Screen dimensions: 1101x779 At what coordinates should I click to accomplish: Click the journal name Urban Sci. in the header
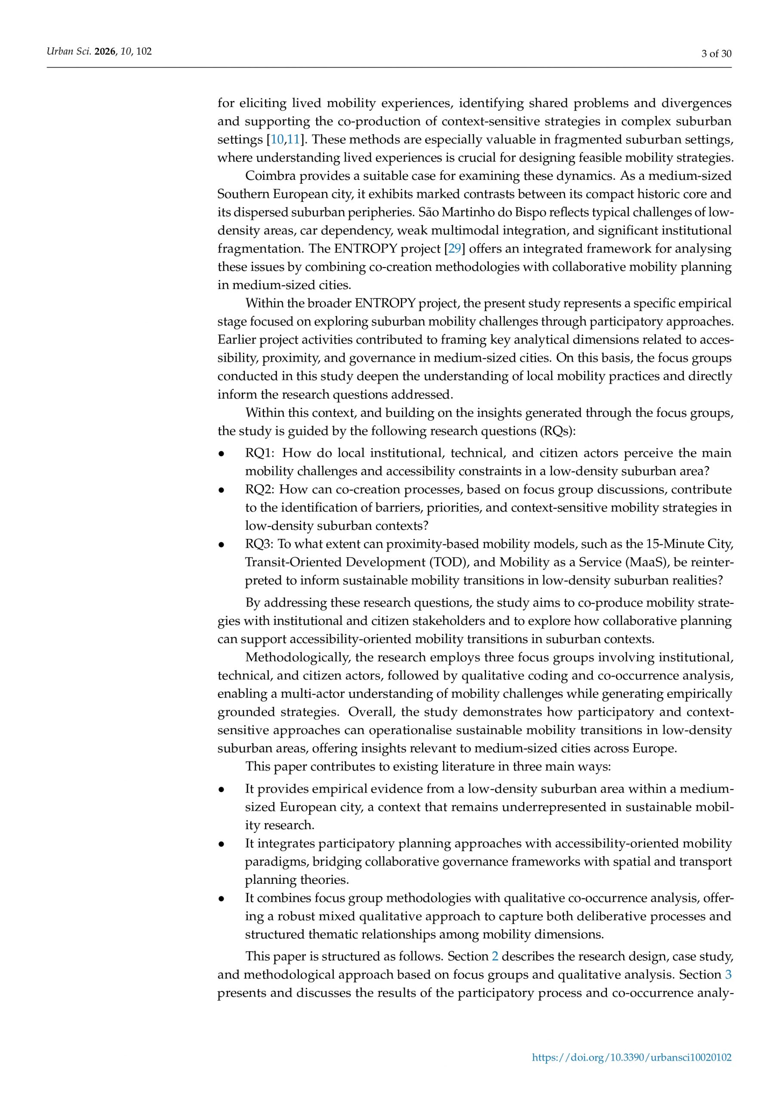[x=68, y=51]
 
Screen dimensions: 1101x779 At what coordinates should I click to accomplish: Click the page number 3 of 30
[x=716, y=54]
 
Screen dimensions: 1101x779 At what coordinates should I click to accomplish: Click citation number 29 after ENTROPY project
[x=454, y=249]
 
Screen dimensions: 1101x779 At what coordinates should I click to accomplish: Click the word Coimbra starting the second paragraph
[x=271, y=176]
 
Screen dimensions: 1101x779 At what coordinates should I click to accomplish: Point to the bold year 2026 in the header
[x=105, y=51]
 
